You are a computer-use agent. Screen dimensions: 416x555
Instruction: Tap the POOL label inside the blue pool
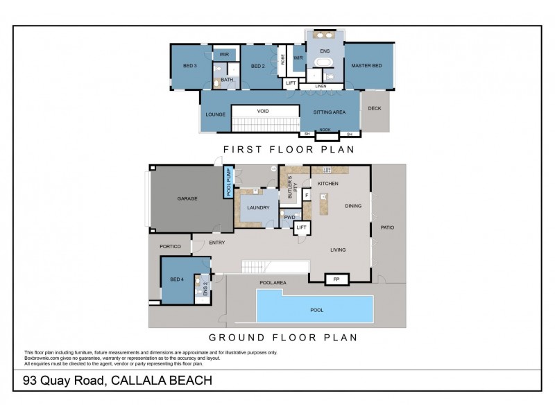pos(316,310)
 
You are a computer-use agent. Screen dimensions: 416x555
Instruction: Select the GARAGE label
pos(187,198)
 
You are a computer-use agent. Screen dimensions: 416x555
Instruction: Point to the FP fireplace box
pos(337,279)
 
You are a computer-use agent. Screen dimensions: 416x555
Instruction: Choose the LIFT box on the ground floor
pos(301,227)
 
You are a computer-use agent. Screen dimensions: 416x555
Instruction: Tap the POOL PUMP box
pos(229,182)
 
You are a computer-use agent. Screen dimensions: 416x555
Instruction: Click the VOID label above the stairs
pos(262,111)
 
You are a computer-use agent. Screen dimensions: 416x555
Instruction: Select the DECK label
pos(375,108)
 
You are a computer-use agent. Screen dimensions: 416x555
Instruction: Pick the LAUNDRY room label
pos(257,207)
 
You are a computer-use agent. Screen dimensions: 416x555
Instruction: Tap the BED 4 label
pos(177,279)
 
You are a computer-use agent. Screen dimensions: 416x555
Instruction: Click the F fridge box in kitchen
pos(306,196)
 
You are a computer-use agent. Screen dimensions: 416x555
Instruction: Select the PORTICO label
pos(170,246)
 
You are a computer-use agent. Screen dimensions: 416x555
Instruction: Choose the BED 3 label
pos(190,66)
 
